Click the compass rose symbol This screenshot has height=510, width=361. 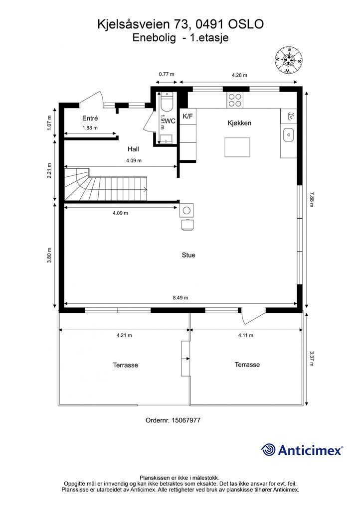tap(289, 59)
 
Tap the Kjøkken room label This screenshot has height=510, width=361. tap(239, 123)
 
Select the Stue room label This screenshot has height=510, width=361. tap(188, 255)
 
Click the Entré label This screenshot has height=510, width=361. tap(90, 119)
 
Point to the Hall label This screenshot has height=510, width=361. tap(133, 149)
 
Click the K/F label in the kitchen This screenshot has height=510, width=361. tap(188, 117)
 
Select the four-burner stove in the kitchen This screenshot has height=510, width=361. tap(235, 101)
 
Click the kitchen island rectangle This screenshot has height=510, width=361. tap(236, 147)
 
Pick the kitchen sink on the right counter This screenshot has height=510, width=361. tap(289, 134)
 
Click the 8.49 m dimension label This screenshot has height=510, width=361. tap(180, 298)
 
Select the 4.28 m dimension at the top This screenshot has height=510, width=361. tap(240, 75)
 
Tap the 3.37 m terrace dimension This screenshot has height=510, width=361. tap(312, 359)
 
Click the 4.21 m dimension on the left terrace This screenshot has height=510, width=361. tap(124, 335)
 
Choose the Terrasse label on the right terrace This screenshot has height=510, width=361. tap(247, 365)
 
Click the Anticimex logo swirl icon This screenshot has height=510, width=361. tap(269, 450)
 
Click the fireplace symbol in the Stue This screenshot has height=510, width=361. tap(187, 210)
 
